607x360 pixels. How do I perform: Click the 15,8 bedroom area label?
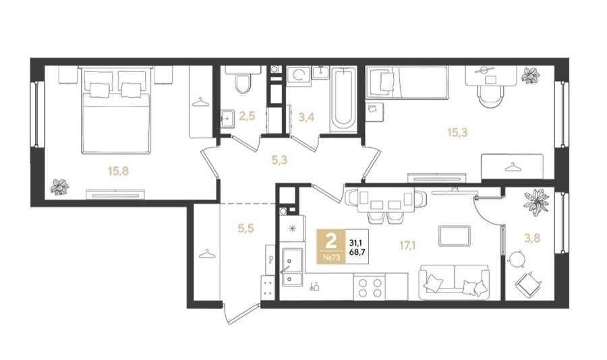(118, 171)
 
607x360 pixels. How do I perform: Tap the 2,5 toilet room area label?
(247, 116)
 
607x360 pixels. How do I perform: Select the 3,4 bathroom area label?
(306, 117)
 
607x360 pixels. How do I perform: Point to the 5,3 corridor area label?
(279, 160)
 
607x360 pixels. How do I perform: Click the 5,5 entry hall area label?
(245, 229)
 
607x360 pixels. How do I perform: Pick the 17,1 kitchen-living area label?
(407, 245)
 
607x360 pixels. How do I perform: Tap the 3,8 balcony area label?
(532, 238)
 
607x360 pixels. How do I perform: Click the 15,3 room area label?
(457, 133)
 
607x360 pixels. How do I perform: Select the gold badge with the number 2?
(331, 247)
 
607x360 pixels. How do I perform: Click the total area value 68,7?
(357, 252)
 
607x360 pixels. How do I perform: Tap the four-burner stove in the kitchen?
(370, 287)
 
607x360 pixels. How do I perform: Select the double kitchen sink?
(292, 267)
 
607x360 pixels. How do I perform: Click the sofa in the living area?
(454, 282)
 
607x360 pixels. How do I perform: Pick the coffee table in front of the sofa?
(455, 235)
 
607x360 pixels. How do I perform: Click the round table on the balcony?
(517, 259)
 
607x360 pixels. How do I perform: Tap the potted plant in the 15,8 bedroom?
(60, 187)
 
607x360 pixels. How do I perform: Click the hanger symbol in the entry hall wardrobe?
(206, 254)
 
